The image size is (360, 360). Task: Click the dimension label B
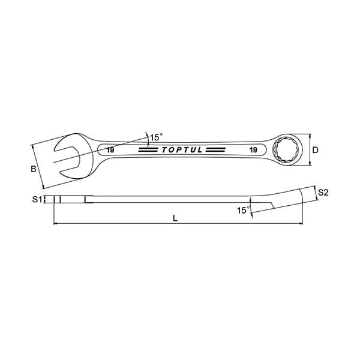pyautogui.click(x=34, y=169)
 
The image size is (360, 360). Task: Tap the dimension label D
pyautogui.click(x=316, y=150)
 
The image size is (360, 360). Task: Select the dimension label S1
pyautogui.click(x=37, y=200)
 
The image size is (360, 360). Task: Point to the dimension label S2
pyautogui.click(x=323, y=193)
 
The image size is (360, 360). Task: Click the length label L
pyautogui.click(x=175, y=218)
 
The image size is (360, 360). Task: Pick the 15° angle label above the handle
pyautogui.click(x=156, y=137)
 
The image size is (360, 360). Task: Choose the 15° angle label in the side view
pyautogui.click(x=243, y=210)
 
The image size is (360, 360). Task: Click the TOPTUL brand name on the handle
pyautogui.click(x=182, y=150)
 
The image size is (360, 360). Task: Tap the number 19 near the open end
pyautogui.click(x=110, y=150)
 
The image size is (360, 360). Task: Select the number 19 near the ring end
pyautogui.click(x=253, y=150)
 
